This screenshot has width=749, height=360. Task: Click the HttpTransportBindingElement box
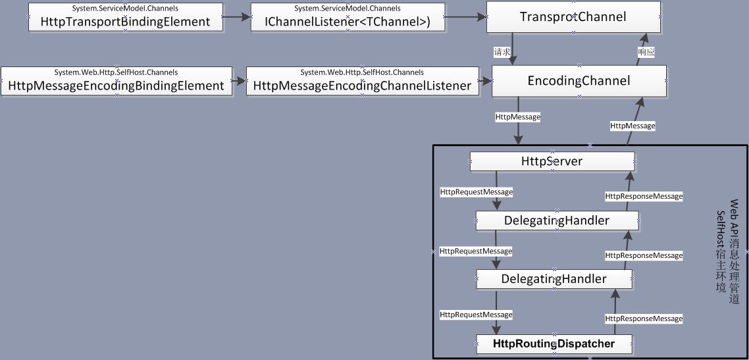(126, 16)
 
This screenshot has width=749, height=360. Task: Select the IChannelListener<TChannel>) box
(348, 16)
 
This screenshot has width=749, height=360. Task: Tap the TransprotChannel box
(573, 16)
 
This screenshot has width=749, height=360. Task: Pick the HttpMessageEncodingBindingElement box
(116, 81)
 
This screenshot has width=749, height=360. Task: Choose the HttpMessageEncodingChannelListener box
(362, 81)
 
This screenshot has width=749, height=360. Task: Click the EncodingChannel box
(579, 81)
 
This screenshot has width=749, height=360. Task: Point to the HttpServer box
(552, 161)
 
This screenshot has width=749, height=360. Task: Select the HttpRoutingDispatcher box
(554, 344)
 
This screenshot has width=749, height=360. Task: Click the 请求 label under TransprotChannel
(501, 52)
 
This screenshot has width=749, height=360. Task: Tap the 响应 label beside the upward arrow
(646, 52)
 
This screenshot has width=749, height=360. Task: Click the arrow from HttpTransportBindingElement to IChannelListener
(237, 16)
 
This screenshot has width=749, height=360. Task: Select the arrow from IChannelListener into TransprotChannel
(466, 16)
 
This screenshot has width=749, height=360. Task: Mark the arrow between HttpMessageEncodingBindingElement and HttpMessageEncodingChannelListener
(239, 81)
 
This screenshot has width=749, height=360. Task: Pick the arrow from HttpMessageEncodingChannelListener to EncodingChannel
(485, 81)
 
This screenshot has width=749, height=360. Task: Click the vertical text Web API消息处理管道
(734, 251)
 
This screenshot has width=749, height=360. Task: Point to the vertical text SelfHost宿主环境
(721, 251)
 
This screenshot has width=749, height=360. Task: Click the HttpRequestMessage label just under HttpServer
(477, 192)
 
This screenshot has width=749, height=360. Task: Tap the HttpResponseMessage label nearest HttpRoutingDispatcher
(644, 319)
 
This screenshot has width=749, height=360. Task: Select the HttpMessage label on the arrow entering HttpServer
(518, 116)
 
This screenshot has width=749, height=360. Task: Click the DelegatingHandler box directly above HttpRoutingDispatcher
(554, 279)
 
